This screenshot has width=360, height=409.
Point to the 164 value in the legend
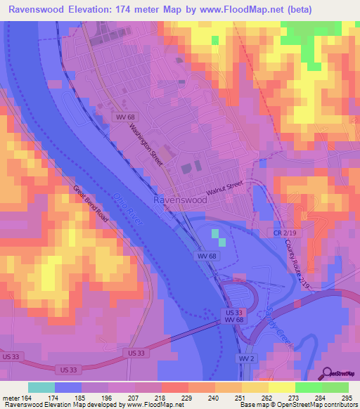pyautogui.click(x=25, y=398)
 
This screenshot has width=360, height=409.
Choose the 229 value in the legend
pyautogui.click(x=187, y=398)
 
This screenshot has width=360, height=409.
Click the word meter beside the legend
pyautogui.click(x=9, y=398)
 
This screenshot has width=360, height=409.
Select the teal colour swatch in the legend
pyautogui.click(x=41, y=387)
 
